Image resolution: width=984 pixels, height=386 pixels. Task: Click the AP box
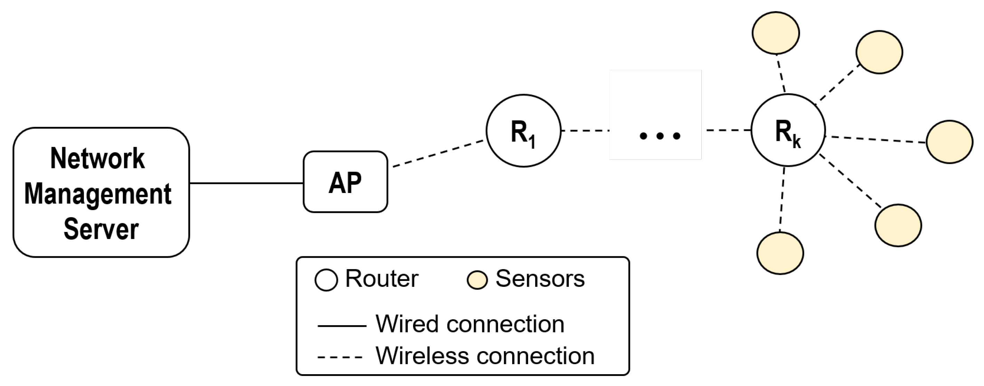point(345,182)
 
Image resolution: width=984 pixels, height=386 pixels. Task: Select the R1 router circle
point(523,131)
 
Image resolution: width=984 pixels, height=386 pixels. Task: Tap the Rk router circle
point(788,130)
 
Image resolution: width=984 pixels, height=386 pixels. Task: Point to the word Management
point(98,194)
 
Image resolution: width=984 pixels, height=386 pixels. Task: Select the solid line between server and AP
point(247,183)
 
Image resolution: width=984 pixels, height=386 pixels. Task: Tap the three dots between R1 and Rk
point(660,136)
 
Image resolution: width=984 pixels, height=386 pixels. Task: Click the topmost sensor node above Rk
point(775,33)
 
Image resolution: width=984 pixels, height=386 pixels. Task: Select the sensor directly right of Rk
point(949,142)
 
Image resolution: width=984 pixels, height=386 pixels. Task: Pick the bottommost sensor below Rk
point(780,253)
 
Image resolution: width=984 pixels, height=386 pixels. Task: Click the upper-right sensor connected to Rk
point(879,52)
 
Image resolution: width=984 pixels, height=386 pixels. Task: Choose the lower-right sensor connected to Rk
point(898,225)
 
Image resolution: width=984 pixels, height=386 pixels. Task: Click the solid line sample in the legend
point(341,325)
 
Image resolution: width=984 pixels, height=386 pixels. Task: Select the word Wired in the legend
point(407,324)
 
